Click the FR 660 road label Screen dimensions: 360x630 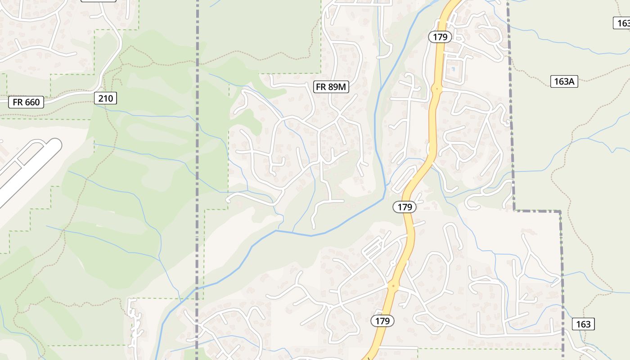26,102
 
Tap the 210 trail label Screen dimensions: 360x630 106,98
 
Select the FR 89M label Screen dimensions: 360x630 332,87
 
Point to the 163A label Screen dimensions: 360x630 564,81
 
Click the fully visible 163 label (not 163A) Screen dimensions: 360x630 583,324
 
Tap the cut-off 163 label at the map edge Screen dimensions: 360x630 623,23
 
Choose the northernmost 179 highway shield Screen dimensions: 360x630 440,37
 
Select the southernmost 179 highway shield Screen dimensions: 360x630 382,321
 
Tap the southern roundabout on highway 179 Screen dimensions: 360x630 393,285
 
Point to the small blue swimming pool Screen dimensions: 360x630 453,69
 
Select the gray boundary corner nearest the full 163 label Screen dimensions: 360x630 561,211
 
